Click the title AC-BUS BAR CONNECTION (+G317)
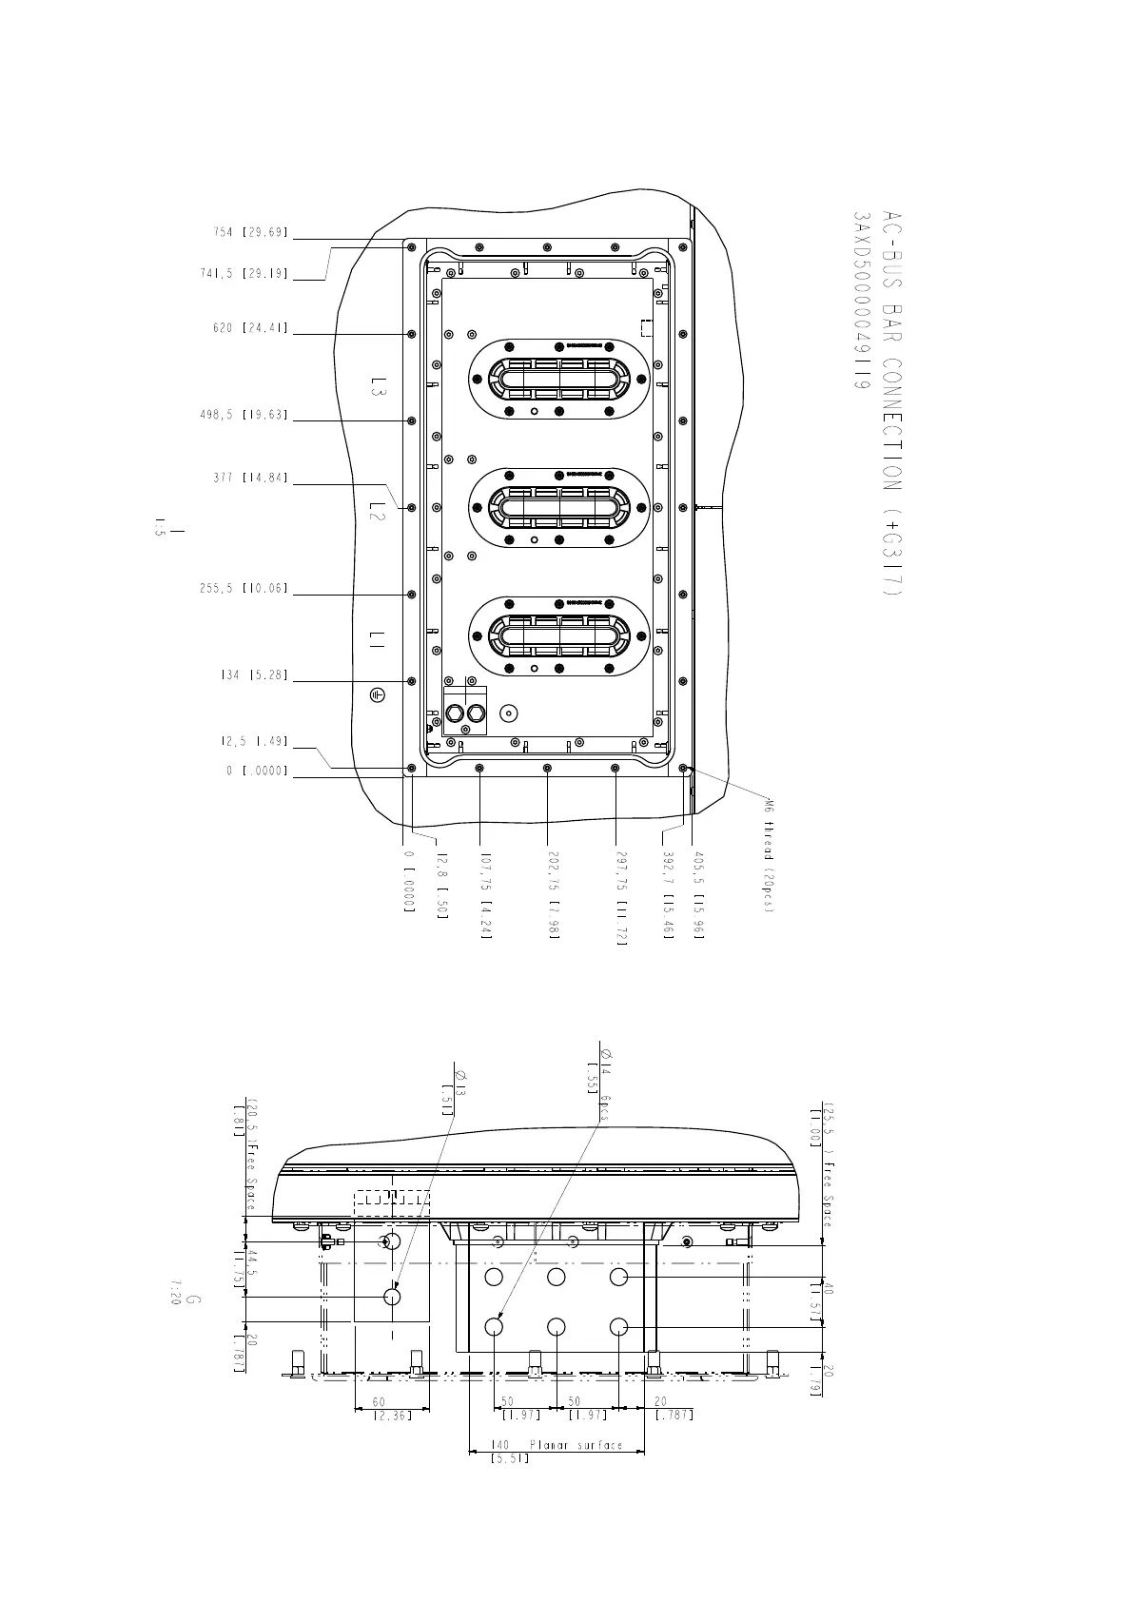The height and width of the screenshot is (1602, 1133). tap(889, 403)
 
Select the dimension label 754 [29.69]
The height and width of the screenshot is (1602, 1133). tap(250, 233)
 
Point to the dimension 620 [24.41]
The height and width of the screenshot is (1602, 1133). tap(250, 328)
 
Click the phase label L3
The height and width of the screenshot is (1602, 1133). tap(379, 386)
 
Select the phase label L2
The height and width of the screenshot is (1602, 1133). tap(378, 515)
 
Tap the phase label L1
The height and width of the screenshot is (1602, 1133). tap(378, 644)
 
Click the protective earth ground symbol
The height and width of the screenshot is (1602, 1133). tap(379, 695)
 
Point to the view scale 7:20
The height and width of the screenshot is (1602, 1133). tap(175, 1292)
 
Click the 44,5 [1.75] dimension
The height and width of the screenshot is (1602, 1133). tap(239, 1268)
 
